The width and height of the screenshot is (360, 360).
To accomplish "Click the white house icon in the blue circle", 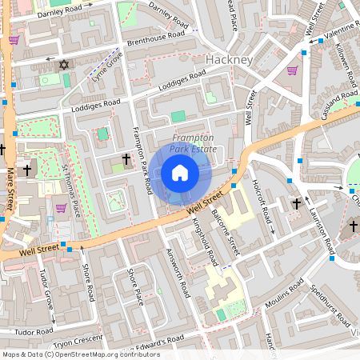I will [180, 172].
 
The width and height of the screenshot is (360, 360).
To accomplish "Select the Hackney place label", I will [229, 60].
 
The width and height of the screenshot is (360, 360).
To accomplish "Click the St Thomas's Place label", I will [73, 190].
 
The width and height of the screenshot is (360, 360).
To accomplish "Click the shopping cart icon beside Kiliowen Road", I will [292, 70].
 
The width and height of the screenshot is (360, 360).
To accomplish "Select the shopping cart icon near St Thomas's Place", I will [61, 208].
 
